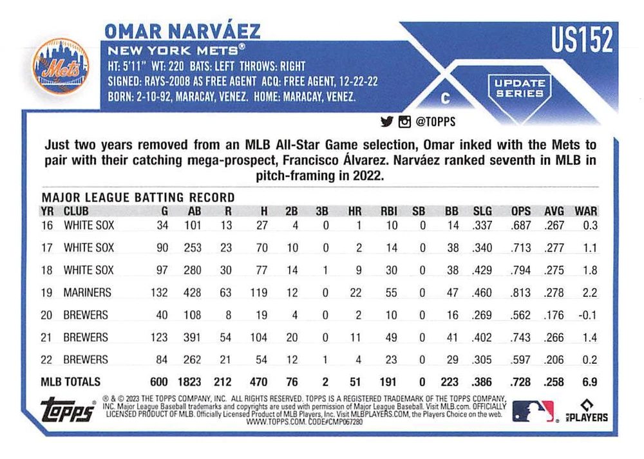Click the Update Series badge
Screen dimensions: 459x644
tap(520, 88)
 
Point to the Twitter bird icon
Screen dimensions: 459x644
tap(387, 121)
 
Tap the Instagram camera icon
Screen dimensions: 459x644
tap(404, 121)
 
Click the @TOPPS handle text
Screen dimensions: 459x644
tap(435, 121)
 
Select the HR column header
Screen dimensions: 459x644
tap(354, 211)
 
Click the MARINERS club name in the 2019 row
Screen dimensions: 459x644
tap(87, 292)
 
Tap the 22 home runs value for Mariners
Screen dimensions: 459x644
tap(354, 292)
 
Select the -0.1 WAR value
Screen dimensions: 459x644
tap(587, 315)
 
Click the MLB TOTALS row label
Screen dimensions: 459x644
tap(71, 382)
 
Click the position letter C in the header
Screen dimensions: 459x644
tap(444, 98)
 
